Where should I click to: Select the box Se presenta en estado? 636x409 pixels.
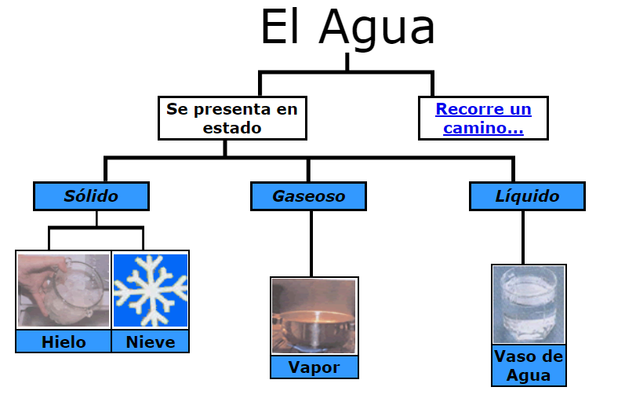pos(232,118)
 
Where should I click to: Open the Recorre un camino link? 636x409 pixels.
pos(483,118)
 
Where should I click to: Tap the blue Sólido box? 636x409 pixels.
pos(91,196)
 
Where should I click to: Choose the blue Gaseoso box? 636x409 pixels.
pos(308,196)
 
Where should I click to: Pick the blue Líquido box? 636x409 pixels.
pos(527,196)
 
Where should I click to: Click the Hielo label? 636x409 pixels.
pos(64,341)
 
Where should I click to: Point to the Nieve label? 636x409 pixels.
pos(151,341)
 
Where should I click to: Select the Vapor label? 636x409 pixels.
pos(314,367)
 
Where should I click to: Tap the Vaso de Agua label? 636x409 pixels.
pos(529,366)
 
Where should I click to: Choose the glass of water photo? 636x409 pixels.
pos(529,305)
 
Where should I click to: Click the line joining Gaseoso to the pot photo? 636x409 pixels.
pos(311,243)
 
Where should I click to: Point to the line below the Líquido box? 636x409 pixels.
pos(523,237)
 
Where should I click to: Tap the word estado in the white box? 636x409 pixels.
pos(232,127)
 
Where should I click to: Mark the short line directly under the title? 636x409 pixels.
pos(347,62)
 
